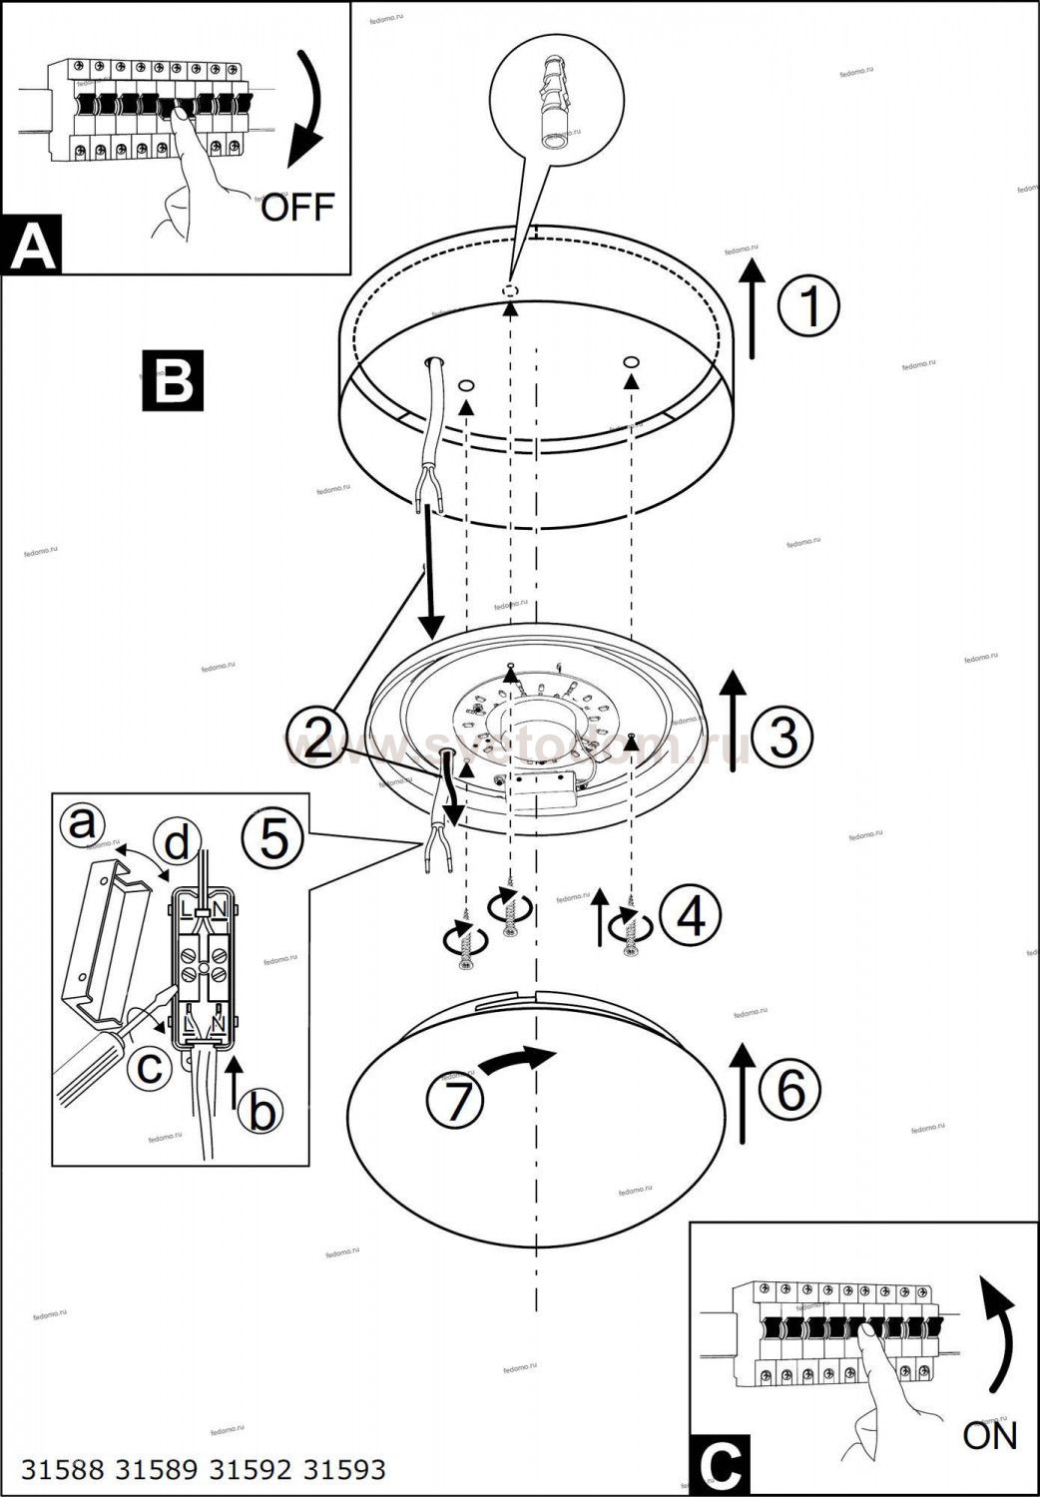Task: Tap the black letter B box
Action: tap(172, 379)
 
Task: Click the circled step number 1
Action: tap(808, 305)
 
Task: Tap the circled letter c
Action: tap(150, 1068)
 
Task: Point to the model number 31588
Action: tap(63, 1469)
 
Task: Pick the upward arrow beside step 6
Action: tap(742, 1093)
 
